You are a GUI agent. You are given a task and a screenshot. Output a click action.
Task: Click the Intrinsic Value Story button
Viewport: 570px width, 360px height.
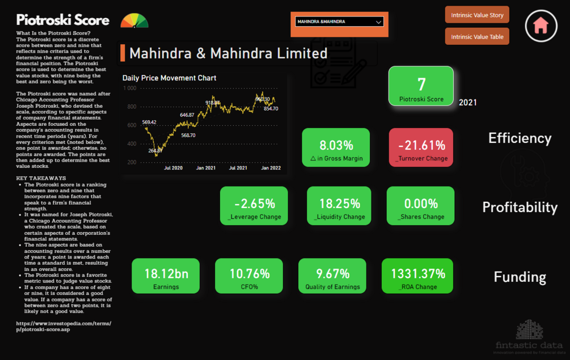click(477, 15)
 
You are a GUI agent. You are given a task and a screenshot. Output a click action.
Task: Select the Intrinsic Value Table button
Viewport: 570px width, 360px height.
click(477, 37)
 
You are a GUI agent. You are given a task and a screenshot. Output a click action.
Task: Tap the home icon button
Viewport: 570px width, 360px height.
click(541, 26)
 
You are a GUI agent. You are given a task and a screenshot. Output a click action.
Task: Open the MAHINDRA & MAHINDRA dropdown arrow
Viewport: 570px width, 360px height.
click(379, 22)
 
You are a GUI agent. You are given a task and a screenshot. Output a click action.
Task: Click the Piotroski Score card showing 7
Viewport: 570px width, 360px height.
click(421, 86)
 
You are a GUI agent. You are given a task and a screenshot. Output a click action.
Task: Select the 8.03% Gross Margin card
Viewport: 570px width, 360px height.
click(336, 147)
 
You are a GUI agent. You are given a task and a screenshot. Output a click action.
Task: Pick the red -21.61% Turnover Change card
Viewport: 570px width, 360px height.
click(421, 147)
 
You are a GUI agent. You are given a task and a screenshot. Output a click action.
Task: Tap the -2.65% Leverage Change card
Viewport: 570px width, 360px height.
click(254, 206)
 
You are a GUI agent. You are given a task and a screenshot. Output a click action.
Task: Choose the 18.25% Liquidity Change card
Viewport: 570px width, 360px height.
click(339, 206)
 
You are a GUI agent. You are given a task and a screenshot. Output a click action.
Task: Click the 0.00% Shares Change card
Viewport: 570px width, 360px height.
click(421, 206)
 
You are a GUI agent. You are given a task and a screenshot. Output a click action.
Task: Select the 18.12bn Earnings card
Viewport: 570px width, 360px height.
click(166, 276)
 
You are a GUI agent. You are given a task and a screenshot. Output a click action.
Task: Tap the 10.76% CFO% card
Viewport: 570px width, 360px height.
click(249, 276)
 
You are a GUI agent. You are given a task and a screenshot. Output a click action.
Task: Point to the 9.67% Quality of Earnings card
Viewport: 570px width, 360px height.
click(332, 276)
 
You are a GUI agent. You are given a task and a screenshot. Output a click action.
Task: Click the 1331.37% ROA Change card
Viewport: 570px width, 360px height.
click(418, 276)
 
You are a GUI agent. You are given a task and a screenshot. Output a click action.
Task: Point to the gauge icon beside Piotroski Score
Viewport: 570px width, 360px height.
click(134, 22)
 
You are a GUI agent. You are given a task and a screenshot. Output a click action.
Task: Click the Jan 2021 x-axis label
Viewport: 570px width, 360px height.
click(205, 168)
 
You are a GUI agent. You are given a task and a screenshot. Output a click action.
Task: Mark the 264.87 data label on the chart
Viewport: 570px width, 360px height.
click(155, 151)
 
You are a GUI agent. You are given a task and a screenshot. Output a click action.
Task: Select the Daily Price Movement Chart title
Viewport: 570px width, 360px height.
click(169, 78)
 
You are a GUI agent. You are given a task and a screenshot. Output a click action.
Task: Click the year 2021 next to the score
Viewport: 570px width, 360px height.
click(467, 103)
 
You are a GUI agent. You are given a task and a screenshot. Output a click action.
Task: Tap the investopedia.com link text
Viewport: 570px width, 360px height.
click(64, 326)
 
